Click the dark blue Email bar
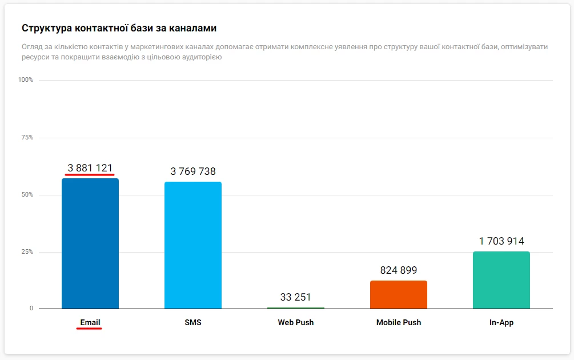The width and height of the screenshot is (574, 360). click(90, 243)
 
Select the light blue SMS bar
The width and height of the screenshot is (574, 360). click(193, 245)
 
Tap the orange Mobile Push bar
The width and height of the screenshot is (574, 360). click(399, 294)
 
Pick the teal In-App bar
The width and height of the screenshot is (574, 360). click(501, 280)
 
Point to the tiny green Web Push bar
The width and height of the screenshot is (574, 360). click(296, 308)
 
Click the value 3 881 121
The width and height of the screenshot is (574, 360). click(90, 168)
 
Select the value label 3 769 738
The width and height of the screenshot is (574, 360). click(193, 171)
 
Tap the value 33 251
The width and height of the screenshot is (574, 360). click(296, 297)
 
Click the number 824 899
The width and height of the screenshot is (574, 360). click(399, 270)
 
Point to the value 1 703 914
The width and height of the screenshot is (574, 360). click(501, 241)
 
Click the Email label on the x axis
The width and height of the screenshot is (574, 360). click(90, 322)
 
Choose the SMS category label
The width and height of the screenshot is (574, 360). click(193, 322)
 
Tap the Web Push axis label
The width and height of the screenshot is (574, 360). click(296, 322)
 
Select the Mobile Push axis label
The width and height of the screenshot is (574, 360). click(399, 322)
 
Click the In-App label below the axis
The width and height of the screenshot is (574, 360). click(501, 322)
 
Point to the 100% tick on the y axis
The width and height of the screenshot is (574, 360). click(26, 80)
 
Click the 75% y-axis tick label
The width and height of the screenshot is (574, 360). click(27, 138)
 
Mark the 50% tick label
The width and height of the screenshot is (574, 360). click(27, 195)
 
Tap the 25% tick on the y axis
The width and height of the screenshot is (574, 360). click(27, 252)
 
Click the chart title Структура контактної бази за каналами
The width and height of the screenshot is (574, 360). click(119, 28)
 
